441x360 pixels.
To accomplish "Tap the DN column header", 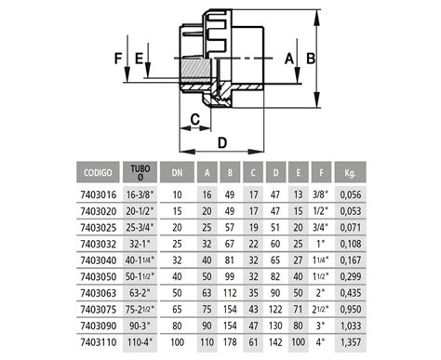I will point(177,172).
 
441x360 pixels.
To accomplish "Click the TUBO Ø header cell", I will point(140,172).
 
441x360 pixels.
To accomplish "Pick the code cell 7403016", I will point(96,196).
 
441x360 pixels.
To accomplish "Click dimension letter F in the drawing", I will point(118,58).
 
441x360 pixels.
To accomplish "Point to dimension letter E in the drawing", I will point(140,58).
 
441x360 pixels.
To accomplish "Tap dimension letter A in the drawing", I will point(289,58).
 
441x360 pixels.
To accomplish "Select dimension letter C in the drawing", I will point(195,119).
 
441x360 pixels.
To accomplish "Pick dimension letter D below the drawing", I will point(223,142).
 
